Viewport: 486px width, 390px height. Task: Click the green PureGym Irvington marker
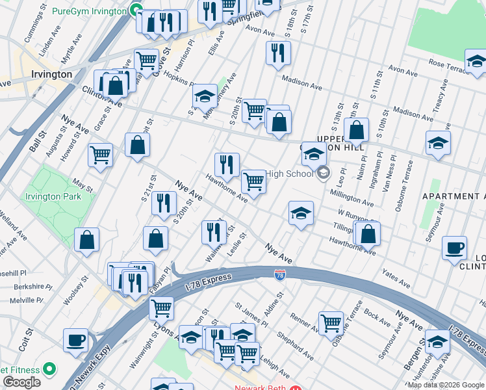(136, 10)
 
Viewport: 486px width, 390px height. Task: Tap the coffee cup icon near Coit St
(76, 340)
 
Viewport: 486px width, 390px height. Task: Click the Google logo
(21, 382)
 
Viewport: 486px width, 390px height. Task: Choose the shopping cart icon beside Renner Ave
(331, 322)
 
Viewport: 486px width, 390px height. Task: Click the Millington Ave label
(352, 197)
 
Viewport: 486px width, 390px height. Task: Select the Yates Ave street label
(396, 278)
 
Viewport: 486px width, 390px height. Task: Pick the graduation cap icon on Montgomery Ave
(205, 97)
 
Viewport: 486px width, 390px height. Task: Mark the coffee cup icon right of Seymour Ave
(454, 248)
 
